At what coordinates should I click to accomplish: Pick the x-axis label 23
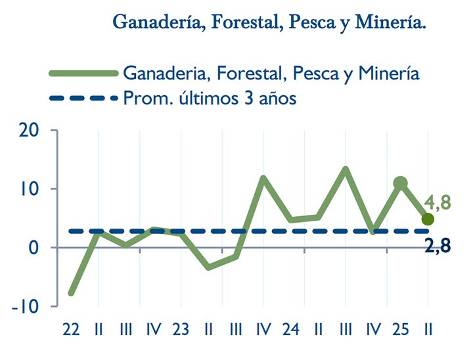click(181, 328)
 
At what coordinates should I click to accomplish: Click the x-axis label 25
click(401, 328)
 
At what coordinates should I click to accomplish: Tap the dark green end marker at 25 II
click(428, 219)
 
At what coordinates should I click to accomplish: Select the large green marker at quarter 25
click(401, 183)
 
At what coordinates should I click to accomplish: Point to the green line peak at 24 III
click(346, 169)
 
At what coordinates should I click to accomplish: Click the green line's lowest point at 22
click(71, 293)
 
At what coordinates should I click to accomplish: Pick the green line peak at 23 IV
click(263, 179)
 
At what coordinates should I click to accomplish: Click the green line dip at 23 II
click(208, 267)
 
